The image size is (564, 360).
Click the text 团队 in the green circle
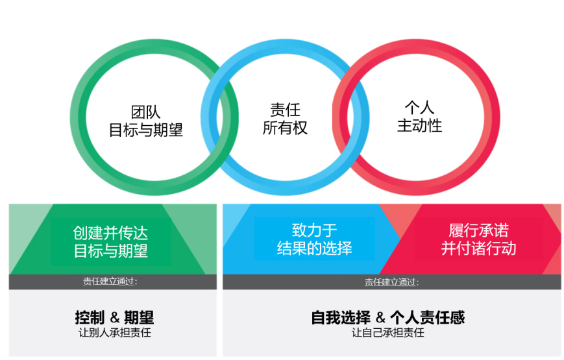pos(145,112)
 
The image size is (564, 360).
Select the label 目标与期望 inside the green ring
pos(145,130)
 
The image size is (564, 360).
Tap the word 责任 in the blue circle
pos(285,110)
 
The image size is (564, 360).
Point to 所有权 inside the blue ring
pos(285,128)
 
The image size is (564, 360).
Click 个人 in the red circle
pos(419,108)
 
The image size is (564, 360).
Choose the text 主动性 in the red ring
pos(419,126)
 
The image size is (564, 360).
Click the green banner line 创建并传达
pos(110,233)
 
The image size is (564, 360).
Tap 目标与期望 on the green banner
pos(110,250)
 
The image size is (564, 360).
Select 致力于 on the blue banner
pos(314,230)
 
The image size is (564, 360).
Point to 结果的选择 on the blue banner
pos(314,248)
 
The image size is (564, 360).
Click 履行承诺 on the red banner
pos(479,230)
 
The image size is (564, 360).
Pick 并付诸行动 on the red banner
pos(479,248)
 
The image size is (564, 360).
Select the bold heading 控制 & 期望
pos(114,318)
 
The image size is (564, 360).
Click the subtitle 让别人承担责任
pos(115,333)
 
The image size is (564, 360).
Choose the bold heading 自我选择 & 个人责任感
pos(388,318)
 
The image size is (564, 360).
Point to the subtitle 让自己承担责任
pos(388,333)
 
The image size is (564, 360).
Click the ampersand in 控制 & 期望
pos(115,318)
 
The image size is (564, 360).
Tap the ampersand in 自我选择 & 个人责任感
pos(380,318)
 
